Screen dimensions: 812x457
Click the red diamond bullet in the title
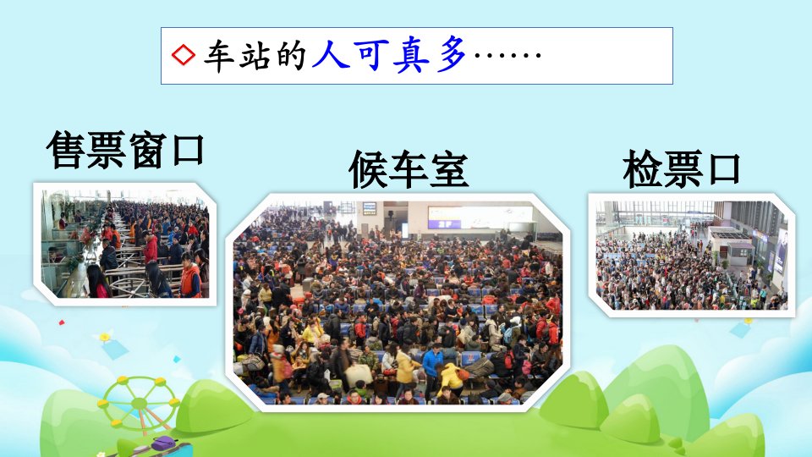pos(184,55)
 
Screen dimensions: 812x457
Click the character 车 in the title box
pos(220,56)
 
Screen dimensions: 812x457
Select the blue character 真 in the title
pos(411,54)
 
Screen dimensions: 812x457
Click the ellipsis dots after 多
pos(507,54)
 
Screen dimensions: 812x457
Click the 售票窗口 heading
pos(125,150)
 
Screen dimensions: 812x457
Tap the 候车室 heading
pos(409,169)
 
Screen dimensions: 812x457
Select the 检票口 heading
pos(682,168)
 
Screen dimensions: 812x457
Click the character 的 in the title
pos(292,55)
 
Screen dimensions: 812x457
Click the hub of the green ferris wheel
pos(140,403)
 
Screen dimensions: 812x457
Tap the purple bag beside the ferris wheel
pos(165,443)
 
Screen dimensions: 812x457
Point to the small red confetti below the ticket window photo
pos(62,322)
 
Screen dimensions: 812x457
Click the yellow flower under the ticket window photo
pos(105,337)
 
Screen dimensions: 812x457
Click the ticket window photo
pos(125,244)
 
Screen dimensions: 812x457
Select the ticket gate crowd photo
pos(691,255)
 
